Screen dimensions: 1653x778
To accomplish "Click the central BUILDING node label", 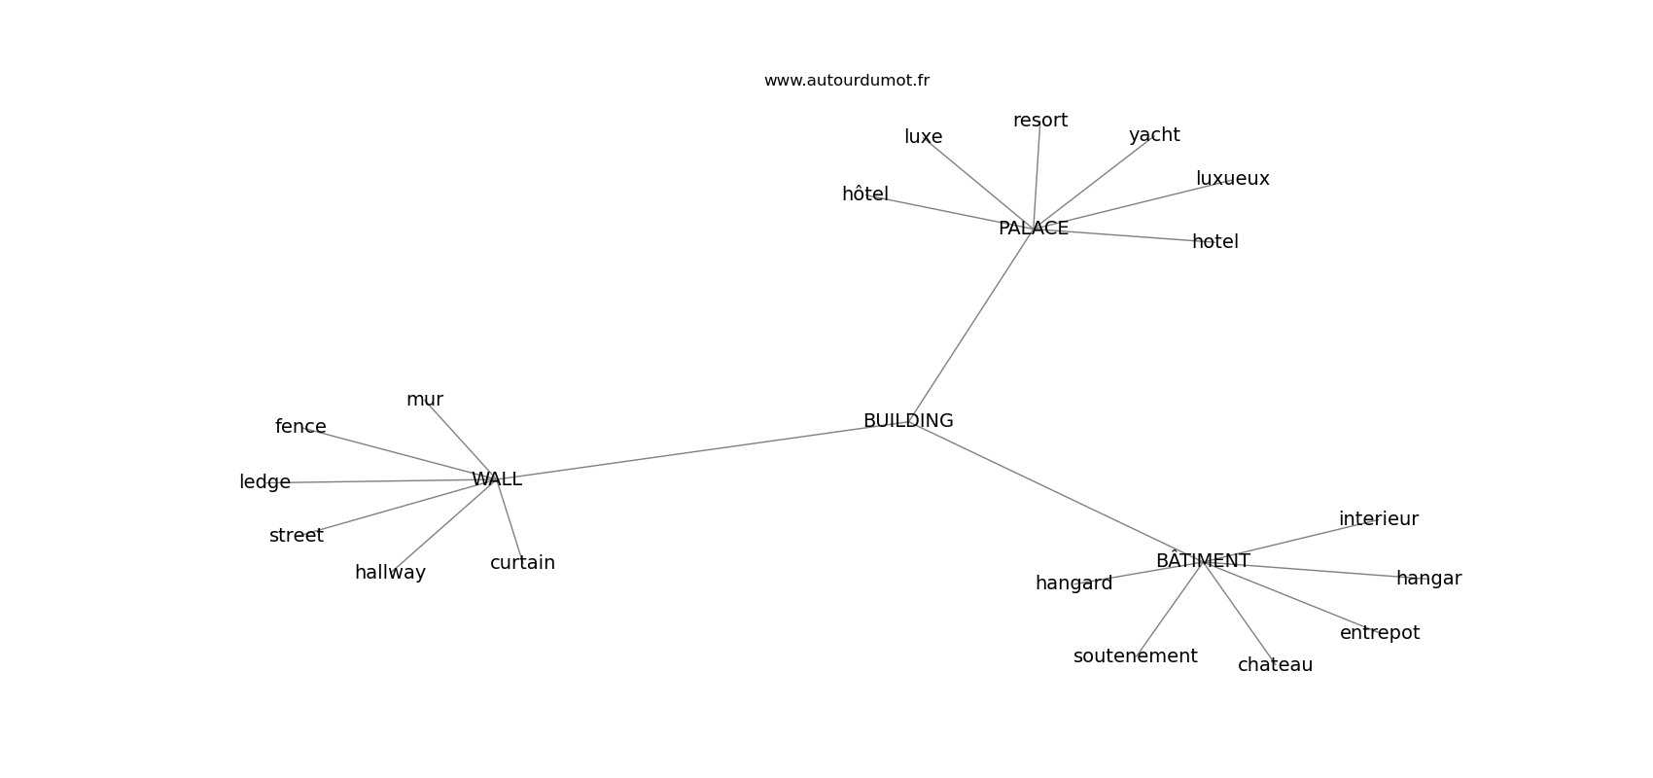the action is [x=907, y=421].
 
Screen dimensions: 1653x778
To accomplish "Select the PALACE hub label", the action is [x=1033, y=229].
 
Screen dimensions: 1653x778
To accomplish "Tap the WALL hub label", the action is [x=497, y=479].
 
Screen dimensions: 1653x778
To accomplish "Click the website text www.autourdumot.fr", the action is [x=846, y=81].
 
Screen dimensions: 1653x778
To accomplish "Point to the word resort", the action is [x=1039, y=121].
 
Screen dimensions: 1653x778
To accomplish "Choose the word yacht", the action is [x=1154, y=136].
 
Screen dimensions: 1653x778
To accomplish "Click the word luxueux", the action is [x=1232, y=179].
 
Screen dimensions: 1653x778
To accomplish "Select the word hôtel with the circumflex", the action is [x=864, y=194].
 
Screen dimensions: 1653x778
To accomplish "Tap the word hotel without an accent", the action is [x=1214, y=241].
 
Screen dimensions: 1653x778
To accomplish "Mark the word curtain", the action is [x=522, y=562].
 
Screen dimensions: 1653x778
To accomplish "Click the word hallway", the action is [x=390, y=573].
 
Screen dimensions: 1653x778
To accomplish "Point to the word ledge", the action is [x=264, y=482].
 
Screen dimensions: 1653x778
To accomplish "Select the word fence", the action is [x=300, y=427].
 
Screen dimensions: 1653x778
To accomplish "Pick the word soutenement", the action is [x=1135, y=656].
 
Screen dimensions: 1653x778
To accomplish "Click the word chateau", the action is [x=1275, y=665].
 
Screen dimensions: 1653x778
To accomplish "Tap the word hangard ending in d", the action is [x=1073, y=583].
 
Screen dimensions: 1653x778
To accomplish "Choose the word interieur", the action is [x=1379, y=519].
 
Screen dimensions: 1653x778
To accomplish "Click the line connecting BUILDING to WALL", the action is [x=702, y=450].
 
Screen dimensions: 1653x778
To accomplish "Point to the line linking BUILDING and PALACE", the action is [x=970, y=325].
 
